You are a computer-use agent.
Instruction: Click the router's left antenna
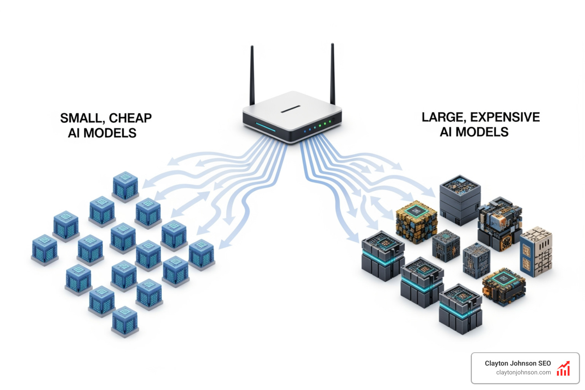tap(252, 76)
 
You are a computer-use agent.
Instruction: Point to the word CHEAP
tap(130, 118)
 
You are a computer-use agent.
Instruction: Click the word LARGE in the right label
tap(443, 117)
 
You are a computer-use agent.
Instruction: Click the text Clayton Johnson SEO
tap(518, 363)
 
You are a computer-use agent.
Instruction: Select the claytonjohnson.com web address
tap(523, 372)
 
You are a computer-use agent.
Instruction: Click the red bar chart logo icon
tap(563, 369)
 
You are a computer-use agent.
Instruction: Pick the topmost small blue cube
tap(125, 185)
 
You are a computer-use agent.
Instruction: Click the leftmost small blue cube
tap(45, 249)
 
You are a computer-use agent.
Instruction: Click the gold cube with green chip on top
tap(416, 221)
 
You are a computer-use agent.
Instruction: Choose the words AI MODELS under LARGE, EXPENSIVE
tap(474, 132)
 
